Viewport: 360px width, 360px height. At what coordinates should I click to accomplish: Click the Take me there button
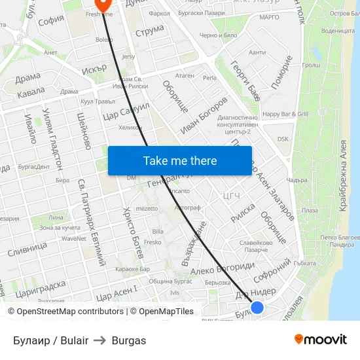179,160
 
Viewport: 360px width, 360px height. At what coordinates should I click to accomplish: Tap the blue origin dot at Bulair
257,307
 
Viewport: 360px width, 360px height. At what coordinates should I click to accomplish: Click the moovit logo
320,339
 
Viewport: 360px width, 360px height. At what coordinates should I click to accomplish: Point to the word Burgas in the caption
129,340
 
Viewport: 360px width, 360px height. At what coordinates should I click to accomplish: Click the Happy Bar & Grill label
285,114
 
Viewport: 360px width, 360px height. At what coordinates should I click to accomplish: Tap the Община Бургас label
170,281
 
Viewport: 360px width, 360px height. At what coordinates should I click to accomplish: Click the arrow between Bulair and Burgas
100,340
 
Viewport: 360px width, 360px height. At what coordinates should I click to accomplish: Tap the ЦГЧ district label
232,195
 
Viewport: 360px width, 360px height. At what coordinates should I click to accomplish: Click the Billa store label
158,231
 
